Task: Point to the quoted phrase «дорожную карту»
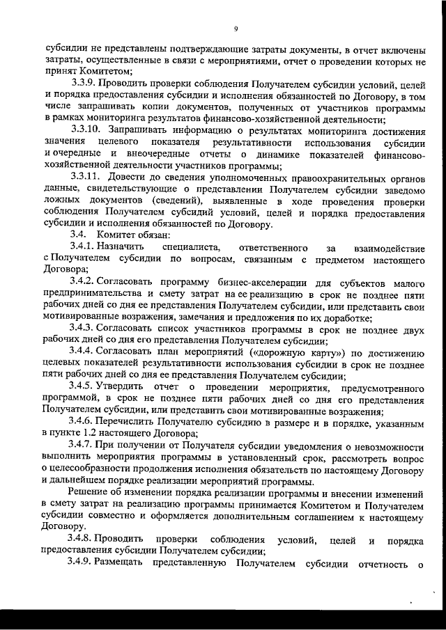[x=298, y=352]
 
